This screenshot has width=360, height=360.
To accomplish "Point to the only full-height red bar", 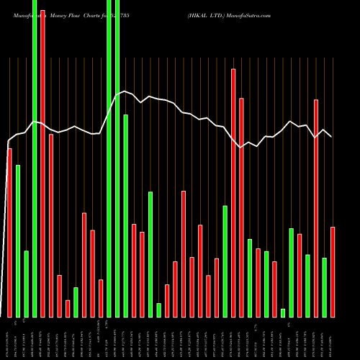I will [x=42, y=158].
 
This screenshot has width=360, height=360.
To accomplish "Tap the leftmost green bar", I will [x=18, y=240].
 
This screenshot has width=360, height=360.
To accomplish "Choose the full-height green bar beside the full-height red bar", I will [x=35, y=158].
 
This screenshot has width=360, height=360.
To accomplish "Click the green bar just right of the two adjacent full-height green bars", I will [x=126, y=215].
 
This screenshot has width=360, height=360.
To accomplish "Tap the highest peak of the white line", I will [x=125, y=91].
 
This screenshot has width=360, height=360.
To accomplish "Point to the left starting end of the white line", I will [x=9, y=140].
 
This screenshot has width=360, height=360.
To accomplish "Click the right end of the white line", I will [x=332, y=136].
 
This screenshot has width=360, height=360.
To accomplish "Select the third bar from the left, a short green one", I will [x=26, y=284].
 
